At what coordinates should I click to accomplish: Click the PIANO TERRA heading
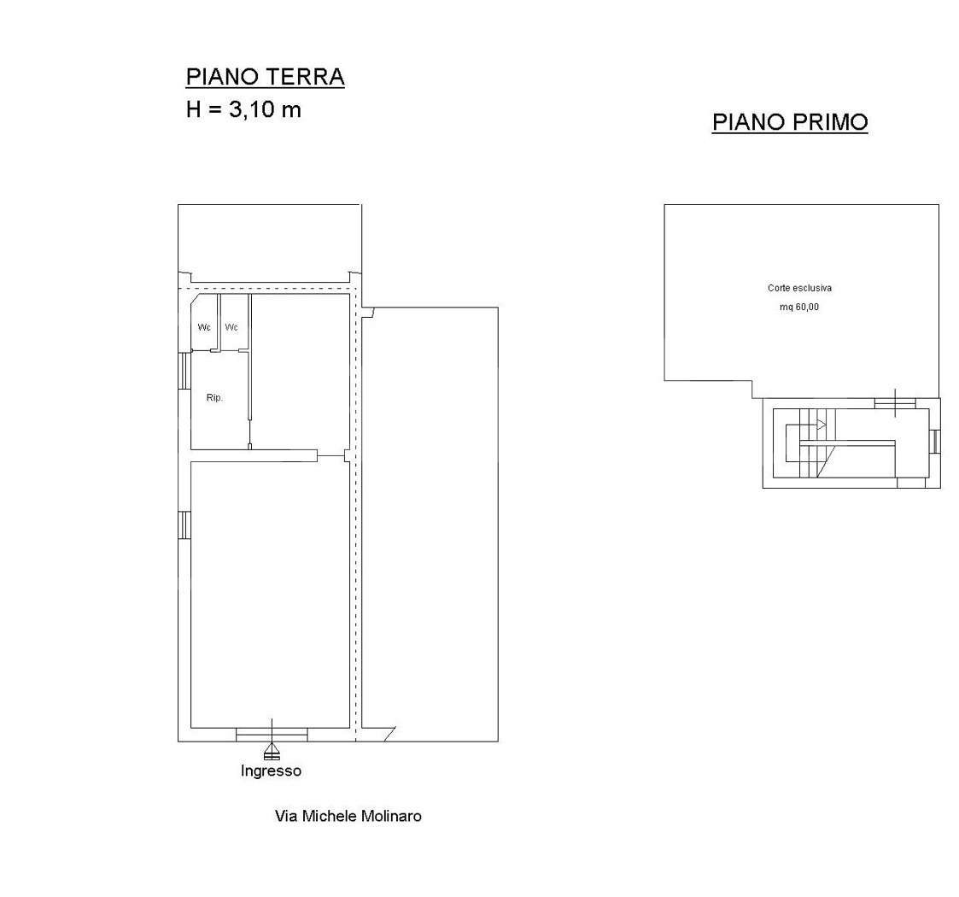click(x=266, y=77)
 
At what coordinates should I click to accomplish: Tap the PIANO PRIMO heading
click(x=790, y=122)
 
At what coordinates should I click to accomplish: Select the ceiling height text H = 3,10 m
click(x=243, y=109)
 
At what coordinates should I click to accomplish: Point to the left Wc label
click(x=204, y=327)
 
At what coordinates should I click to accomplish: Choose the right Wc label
click(x=231, y=327)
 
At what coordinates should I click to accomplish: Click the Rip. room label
click(x=214, y=398)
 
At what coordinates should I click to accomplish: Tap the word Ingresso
click(x=271, y=771)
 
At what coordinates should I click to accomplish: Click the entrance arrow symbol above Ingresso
click(x=272, y=751)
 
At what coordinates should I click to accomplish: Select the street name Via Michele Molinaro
click(x=348, y=816)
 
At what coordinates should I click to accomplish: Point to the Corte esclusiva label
click(x=799, y=288)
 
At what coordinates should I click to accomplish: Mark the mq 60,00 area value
click(x=799, y=308)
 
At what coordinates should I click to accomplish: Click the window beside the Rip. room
click(x=184, y=371)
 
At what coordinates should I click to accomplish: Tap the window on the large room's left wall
click(x=184, y=525)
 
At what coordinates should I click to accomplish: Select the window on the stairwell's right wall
click(x=934, y=441)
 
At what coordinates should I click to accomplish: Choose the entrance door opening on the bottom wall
click(x=272, y=734)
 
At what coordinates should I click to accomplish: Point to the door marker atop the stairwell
click(x=896, y=402)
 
